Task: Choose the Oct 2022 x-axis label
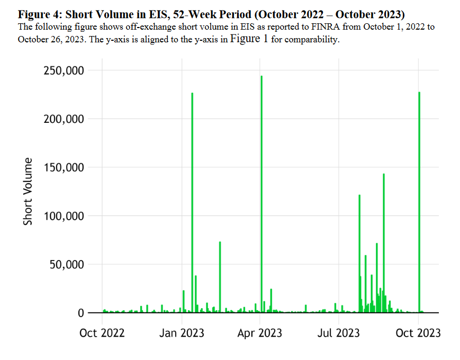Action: coord(102,332)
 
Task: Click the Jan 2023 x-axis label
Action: coord(182,332)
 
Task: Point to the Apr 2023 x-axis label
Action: coord(260,332)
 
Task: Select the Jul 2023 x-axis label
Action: coord(339,332)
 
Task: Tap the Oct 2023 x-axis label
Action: coord(418,332)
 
